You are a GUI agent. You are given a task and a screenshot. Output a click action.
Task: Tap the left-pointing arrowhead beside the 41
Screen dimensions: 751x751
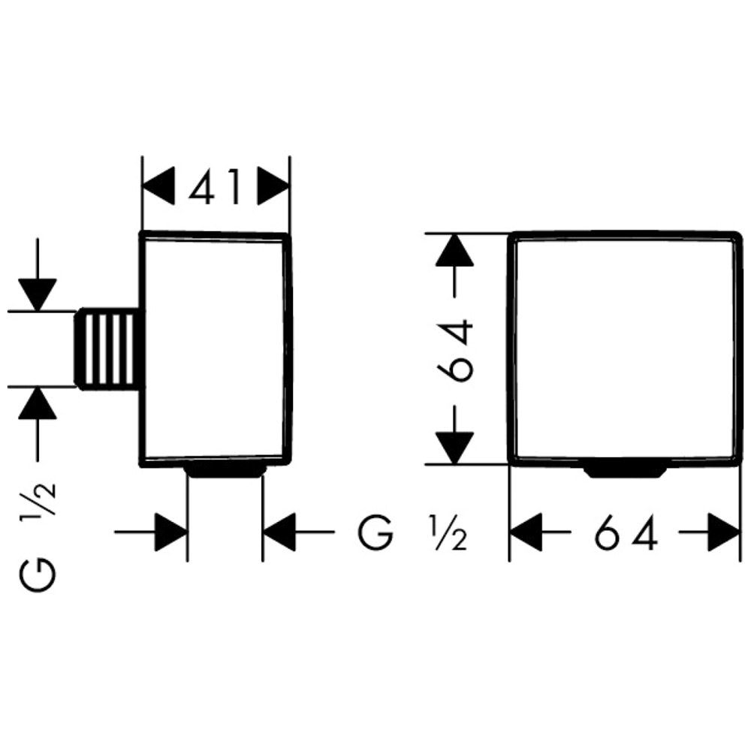(159, 185)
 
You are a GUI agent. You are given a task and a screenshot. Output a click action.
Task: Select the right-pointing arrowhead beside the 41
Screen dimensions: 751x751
(273, 185)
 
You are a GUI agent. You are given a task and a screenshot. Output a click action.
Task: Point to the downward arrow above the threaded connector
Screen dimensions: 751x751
(38, 291)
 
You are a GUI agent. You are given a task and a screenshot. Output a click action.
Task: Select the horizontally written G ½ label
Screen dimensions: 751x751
(413, 533)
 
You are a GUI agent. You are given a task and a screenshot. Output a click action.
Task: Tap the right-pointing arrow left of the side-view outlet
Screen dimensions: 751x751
(170, 532)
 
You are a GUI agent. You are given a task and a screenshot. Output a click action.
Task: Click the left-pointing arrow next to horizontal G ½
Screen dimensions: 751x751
(280, 532)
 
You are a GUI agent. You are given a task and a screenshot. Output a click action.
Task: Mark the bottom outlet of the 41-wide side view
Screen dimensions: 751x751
(225, 471)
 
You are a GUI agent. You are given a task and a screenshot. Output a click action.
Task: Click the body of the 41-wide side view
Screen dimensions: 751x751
(215, 348)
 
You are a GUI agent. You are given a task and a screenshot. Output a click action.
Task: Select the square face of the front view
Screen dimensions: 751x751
(623, 348)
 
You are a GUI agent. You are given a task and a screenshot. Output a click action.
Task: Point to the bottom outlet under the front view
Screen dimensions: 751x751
(625, 471)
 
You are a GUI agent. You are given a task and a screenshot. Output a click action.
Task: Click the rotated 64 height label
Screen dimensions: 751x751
(457, 348)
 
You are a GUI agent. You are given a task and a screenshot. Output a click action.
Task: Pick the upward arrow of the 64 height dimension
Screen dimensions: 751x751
(457, 252)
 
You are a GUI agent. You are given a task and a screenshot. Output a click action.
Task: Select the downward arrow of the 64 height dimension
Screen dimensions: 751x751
(457, 445)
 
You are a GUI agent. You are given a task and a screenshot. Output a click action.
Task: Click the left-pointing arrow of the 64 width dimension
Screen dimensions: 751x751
(527, 534)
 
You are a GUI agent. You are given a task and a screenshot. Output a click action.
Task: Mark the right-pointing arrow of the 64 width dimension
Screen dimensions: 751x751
(722, 534)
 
